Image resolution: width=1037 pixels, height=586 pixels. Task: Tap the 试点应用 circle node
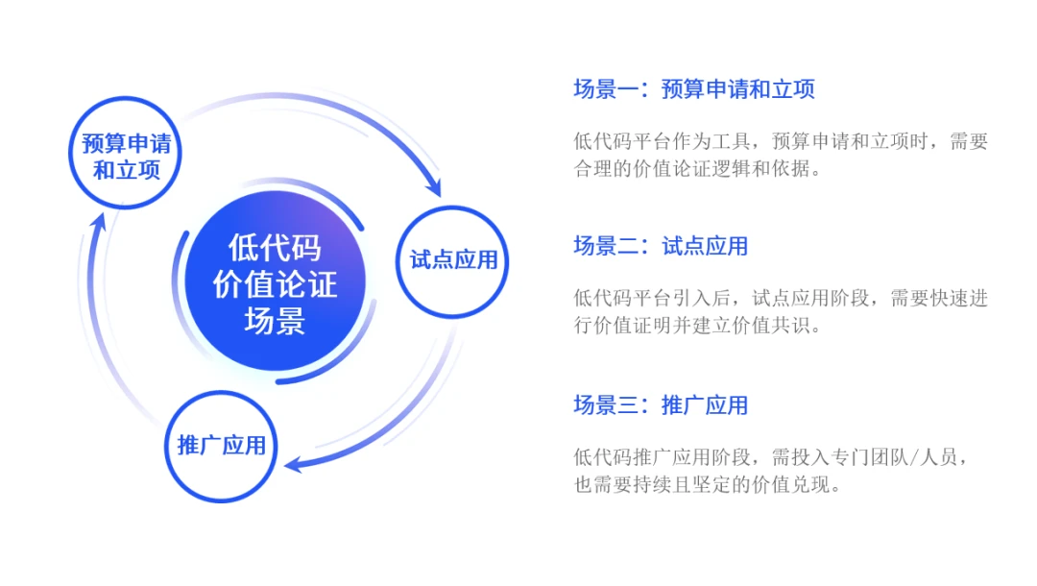[453, 260]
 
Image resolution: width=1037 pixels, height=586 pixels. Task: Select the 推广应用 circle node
[222, 446]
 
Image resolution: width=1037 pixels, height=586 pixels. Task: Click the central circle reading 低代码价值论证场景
[275, 283]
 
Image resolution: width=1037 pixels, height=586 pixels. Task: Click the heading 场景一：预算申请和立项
[694, 90]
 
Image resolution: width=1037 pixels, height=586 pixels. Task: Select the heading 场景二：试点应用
[661, 246]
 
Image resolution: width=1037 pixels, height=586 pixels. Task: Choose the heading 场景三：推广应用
[661, 404]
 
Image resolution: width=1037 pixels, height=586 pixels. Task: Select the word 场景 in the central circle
[275, 320]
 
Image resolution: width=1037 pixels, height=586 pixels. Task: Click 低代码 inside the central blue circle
[275, 248]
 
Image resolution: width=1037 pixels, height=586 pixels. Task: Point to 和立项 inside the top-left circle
[126, 171]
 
